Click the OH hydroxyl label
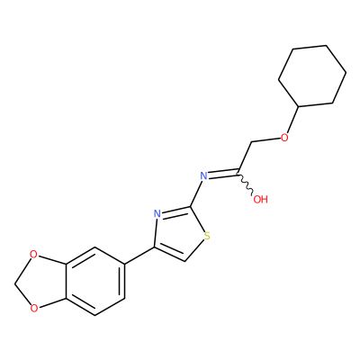pyautogui.click(x=260, y=199)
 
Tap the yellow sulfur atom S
pyautogui.click(x=206, y=236)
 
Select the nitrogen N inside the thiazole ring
pyautogui.click(x=157, y=214)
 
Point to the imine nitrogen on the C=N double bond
pyautogui.click(x=203, y=175)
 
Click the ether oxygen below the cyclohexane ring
pyautogui.click(x=284, y=138)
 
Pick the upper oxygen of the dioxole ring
pyautogui.click(x=34, y=255)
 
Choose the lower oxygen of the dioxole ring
pyautogui.click(x=34, y=308)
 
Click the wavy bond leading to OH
pyautogui.click(x=246, y=184)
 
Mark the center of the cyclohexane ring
pyautogui.click(x=312, y=76)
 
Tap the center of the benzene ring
pyautogui.click(x=94, y=282)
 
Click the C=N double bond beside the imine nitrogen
pyautogui.click(x=222, y=174)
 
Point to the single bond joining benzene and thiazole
pyautogui.click(x=139, y=256)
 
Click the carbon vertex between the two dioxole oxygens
pyautogui.click(x=15, y=282)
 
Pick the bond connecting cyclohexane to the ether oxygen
pyautogui.click(x=292, y=120)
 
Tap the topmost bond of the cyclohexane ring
pyautogui.click(x=310, y=47)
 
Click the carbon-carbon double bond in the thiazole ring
pyautogui.click(x=170, y=255)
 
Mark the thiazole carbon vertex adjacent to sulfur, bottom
pyautogui.click(x=186, y=261)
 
